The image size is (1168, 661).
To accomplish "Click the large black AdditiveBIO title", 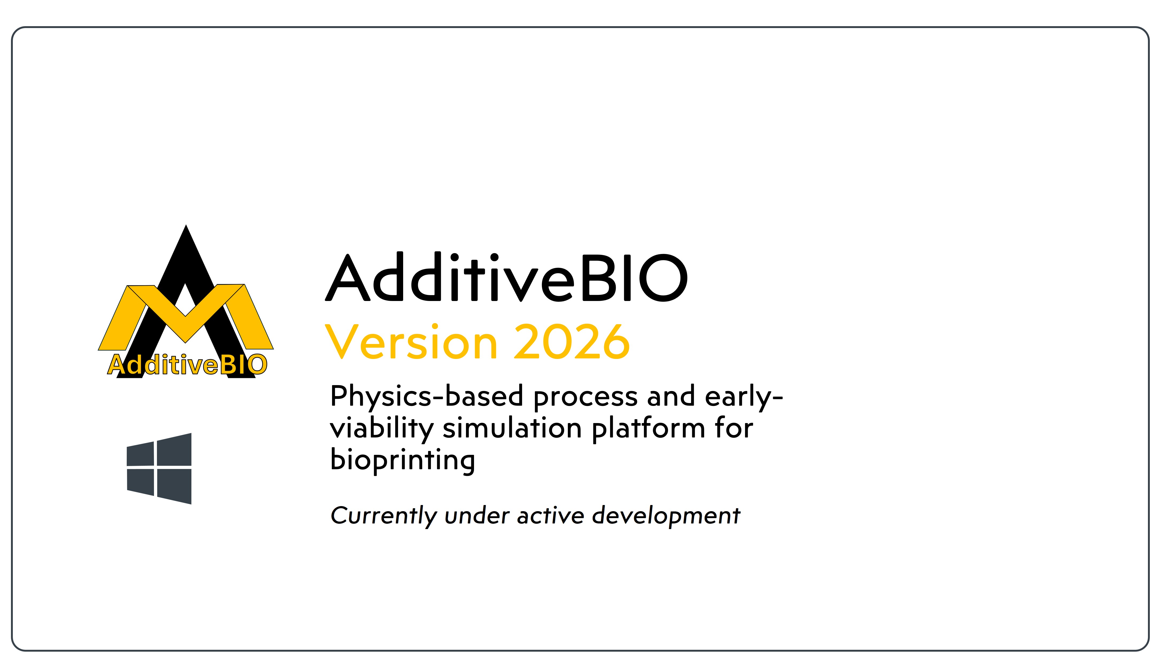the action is point(507,278).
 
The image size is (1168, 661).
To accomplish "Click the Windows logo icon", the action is point(159,468).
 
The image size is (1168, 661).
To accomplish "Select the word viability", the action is point(381,429).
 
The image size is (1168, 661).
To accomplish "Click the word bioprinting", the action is point(403,461).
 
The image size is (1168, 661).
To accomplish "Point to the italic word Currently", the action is point(383,516).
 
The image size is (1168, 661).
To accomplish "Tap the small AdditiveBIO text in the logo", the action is point(187,365).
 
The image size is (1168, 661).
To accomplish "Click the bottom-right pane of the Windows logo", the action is point(175,486).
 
